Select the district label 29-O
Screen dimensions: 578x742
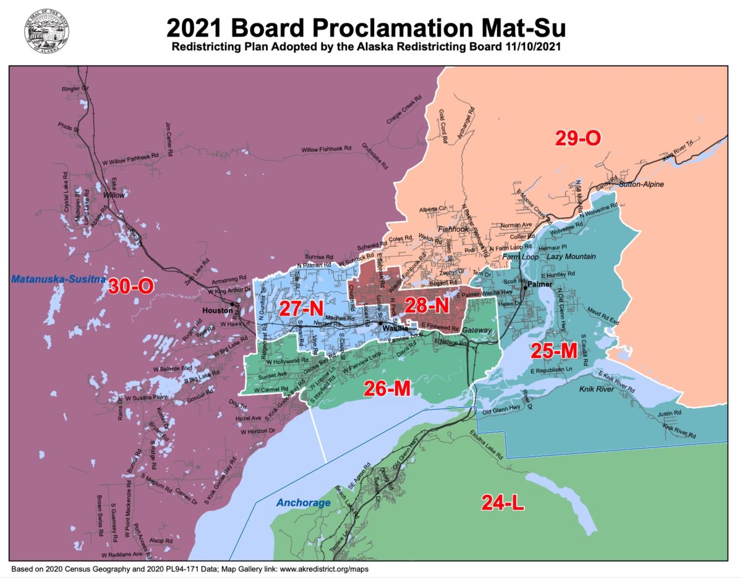578,138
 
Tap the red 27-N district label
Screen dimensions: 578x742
302,308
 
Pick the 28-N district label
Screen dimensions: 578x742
427,305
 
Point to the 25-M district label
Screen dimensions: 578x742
554,350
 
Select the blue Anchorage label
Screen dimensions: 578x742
303,503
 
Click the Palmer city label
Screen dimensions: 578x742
539,284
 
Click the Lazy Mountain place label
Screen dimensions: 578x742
571,256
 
